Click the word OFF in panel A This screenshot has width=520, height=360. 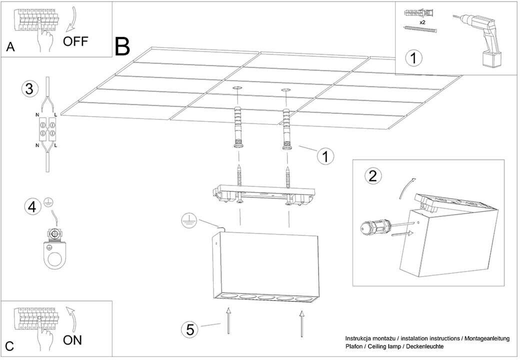(75, 41)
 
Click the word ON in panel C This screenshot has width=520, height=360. (72, 340)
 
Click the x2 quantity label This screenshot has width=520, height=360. (422, 23)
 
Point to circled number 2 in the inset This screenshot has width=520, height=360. (372, 175)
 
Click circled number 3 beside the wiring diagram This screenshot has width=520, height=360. (30, 89)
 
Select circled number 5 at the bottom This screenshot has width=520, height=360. (190, 329)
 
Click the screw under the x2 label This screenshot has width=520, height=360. (420, 30)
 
